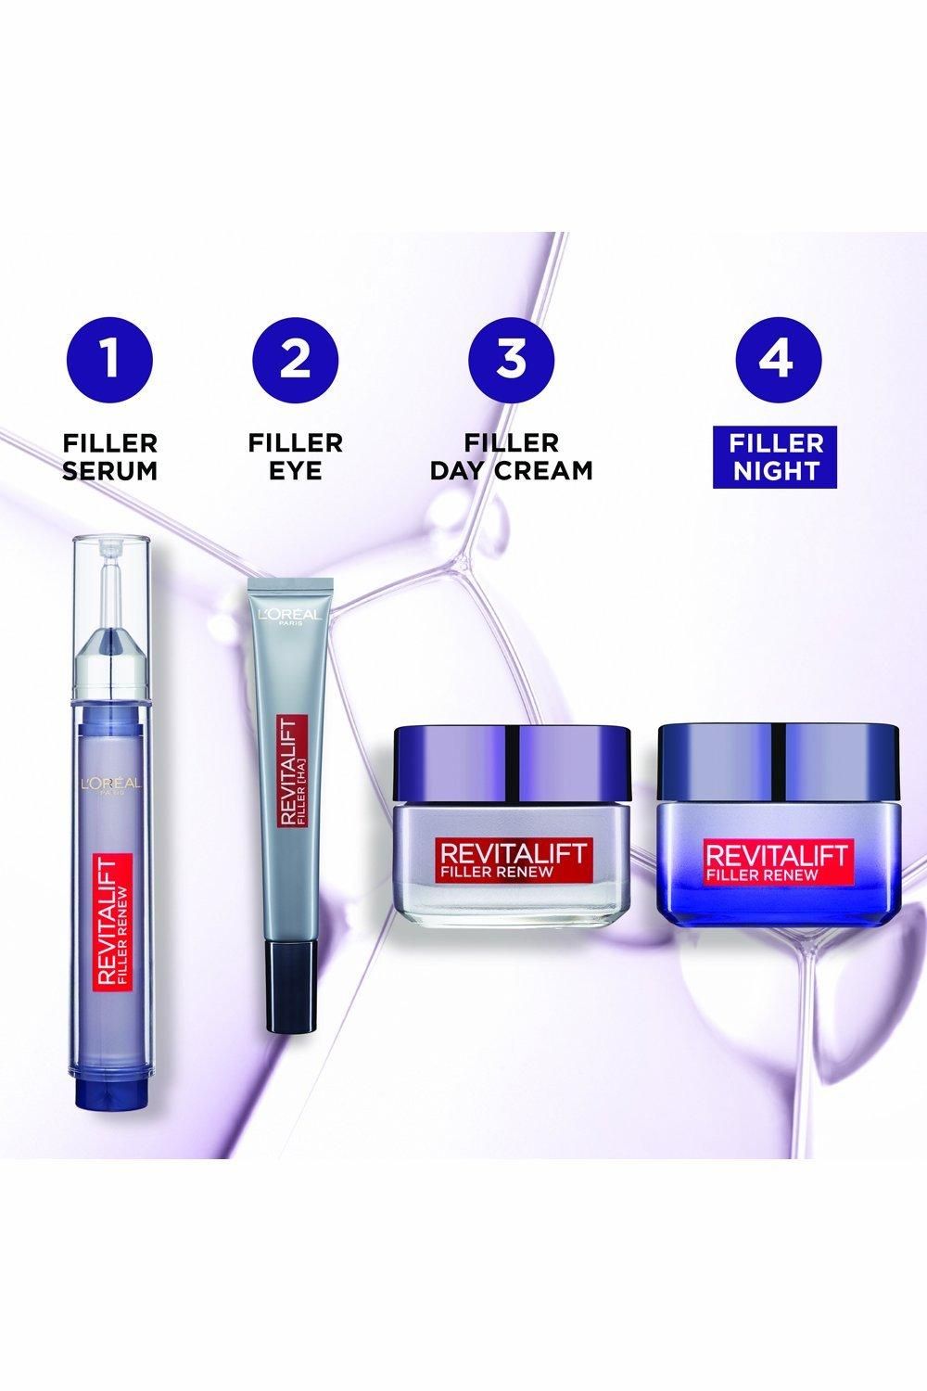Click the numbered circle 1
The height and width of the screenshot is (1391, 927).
coord(111,359)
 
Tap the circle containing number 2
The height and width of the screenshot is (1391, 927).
coord(296,359)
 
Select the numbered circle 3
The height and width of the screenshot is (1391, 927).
coord(512,359)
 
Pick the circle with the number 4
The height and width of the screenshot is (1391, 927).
coord(777,359)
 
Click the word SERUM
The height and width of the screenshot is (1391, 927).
coord(111,470)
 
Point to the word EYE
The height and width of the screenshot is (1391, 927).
coord(296,470)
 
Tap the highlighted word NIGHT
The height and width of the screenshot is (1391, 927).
coord(777,470)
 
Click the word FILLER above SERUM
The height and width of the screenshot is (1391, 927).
coord(111,442)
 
